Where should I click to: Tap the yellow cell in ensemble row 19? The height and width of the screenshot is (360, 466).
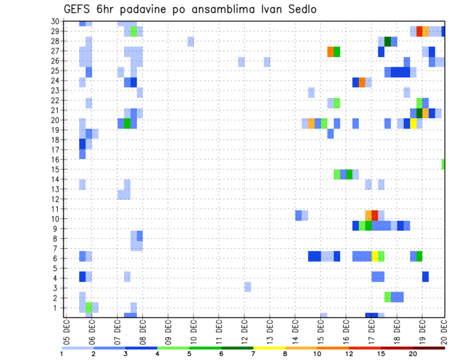(413, 124)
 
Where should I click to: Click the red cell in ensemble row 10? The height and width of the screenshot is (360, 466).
(375, 215)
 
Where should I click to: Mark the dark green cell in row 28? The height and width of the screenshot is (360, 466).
(388, 41)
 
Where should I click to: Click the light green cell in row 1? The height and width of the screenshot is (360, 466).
(89, 308)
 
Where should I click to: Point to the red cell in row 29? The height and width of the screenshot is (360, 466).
(419, 32)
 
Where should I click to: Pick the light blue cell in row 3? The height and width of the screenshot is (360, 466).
(248, 287)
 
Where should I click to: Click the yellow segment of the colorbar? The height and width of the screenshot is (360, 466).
(269, 348)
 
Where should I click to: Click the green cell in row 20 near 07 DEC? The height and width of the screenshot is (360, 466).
(127, 124)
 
